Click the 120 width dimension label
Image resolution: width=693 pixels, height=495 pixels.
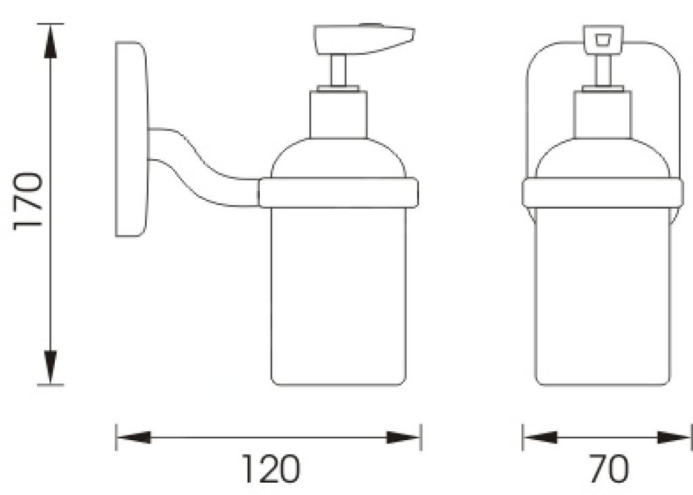click(271, 468)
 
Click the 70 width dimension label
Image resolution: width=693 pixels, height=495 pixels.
click(608, 468)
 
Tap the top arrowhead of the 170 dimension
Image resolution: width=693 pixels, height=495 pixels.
click(51, 41)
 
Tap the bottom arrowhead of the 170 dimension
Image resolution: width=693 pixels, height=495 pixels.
click(51, 367)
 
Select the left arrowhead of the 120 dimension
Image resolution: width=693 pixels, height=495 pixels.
click(133, 437)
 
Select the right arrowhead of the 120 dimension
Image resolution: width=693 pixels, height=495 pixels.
click(403, 437)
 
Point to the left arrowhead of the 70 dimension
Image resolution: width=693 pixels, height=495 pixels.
click(540, 437)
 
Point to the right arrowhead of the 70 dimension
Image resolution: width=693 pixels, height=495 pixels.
click(673, 437)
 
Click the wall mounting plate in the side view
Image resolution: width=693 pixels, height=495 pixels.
click(131, 139)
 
